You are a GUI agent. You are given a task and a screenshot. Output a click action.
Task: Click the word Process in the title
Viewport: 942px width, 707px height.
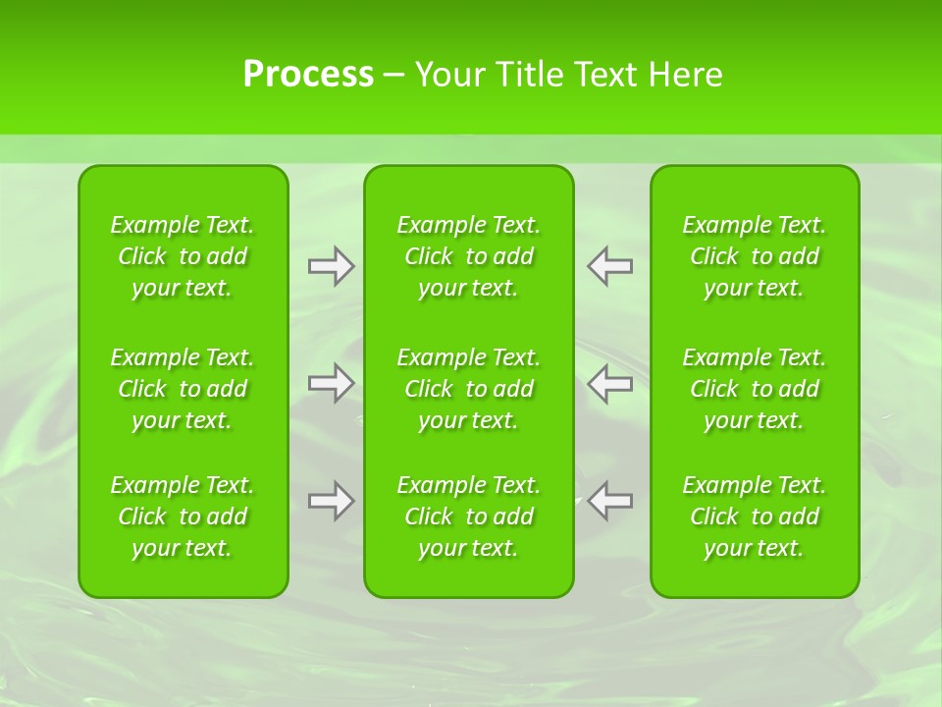tap(308, 75)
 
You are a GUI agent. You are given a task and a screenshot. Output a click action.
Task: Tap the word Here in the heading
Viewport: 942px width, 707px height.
tap(685, 75)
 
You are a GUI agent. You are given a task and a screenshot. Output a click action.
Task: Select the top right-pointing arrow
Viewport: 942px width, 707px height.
tap(331, 266)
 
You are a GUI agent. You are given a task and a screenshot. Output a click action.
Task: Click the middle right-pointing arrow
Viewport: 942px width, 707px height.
tap(331, 383)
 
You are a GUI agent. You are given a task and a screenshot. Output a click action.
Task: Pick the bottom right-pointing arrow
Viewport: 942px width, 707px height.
tap(331, 501)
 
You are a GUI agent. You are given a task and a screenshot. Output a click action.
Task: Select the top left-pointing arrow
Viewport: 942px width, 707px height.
tap(610, 266)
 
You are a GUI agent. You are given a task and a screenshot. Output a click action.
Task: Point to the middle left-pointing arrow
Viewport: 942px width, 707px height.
tap(610, 383)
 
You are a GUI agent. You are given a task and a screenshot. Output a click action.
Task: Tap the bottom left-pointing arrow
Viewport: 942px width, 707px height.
tap(610, 501)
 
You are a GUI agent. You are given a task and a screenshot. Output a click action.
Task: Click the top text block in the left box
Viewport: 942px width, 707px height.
tap(183, 256)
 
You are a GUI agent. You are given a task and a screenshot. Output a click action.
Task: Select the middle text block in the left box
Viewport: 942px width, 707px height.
tap(183, 389)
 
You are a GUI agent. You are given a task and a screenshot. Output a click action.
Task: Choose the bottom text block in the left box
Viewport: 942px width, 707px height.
tap(183, 517)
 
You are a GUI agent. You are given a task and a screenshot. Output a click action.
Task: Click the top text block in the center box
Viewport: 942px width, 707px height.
tap(469, 256)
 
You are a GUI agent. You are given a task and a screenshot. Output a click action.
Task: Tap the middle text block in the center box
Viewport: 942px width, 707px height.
tap(469, 389)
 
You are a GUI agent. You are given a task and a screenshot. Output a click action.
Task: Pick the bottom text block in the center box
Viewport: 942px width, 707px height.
tap(469, 517)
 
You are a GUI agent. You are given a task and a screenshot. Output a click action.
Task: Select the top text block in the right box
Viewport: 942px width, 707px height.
tap(755, 256)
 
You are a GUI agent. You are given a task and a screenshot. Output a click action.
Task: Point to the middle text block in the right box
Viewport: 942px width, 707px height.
tap(755, 389)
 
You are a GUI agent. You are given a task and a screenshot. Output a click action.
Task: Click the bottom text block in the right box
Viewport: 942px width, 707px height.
tap(755, 517)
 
